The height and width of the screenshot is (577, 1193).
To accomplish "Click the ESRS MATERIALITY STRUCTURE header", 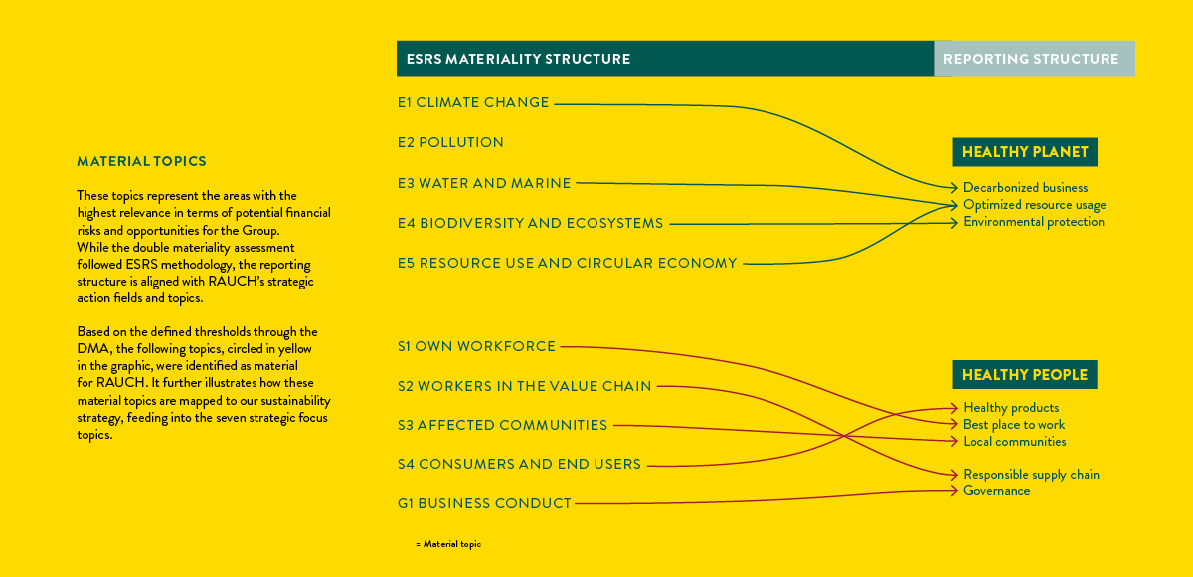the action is [x=518, y=59].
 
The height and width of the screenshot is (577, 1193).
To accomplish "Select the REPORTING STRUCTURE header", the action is [x=1031, y=59].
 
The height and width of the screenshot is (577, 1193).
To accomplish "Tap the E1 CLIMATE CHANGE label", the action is [x=473, y=102].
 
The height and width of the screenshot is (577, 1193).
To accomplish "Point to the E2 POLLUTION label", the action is [x=450, y=143].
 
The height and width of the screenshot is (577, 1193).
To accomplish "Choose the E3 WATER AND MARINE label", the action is [x=484, y=183].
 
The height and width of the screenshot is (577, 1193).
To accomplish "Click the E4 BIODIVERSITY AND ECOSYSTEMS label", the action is [x=531, y=223].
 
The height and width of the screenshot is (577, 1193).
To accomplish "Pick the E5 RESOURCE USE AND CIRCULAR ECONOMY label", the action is [x=568, y=264].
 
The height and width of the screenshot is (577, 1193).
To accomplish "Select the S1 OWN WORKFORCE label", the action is [x=476, y=346].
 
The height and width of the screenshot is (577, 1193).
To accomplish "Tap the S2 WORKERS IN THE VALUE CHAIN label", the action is [x=525, y=386].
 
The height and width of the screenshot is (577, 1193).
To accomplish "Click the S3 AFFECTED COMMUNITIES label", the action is [x=502, y=425].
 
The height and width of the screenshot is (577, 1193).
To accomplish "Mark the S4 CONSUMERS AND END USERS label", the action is [x=519, y=464].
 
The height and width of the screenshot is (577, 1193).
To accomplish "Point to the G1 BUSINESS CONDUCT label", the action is [x=484, y=503].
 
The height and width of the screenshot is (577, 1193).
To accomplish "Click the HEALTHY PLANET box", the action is [x=1025, y=152].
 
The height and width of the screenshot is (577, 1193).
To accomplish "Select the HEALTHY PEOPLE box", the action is [x=1025, y=374].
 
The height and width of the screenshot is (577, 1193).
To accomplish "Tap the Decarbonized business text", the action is [x=1026, y=188].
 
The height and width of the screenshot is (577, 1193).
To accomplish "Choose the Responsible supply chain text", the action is [x=1032, y=475].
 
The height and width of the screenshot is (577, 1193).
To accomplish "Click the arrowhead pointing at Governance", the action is [x=955, y=491].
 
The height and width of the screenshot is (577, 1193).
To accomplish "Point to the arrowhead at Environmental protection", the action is [x=955, y=223].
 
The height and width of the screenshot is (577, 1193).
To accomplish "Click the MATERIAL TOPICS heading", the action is [x=141, y=161].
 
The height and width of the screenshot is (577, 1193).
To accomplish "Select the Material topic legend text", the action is [x=448, y=544].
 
